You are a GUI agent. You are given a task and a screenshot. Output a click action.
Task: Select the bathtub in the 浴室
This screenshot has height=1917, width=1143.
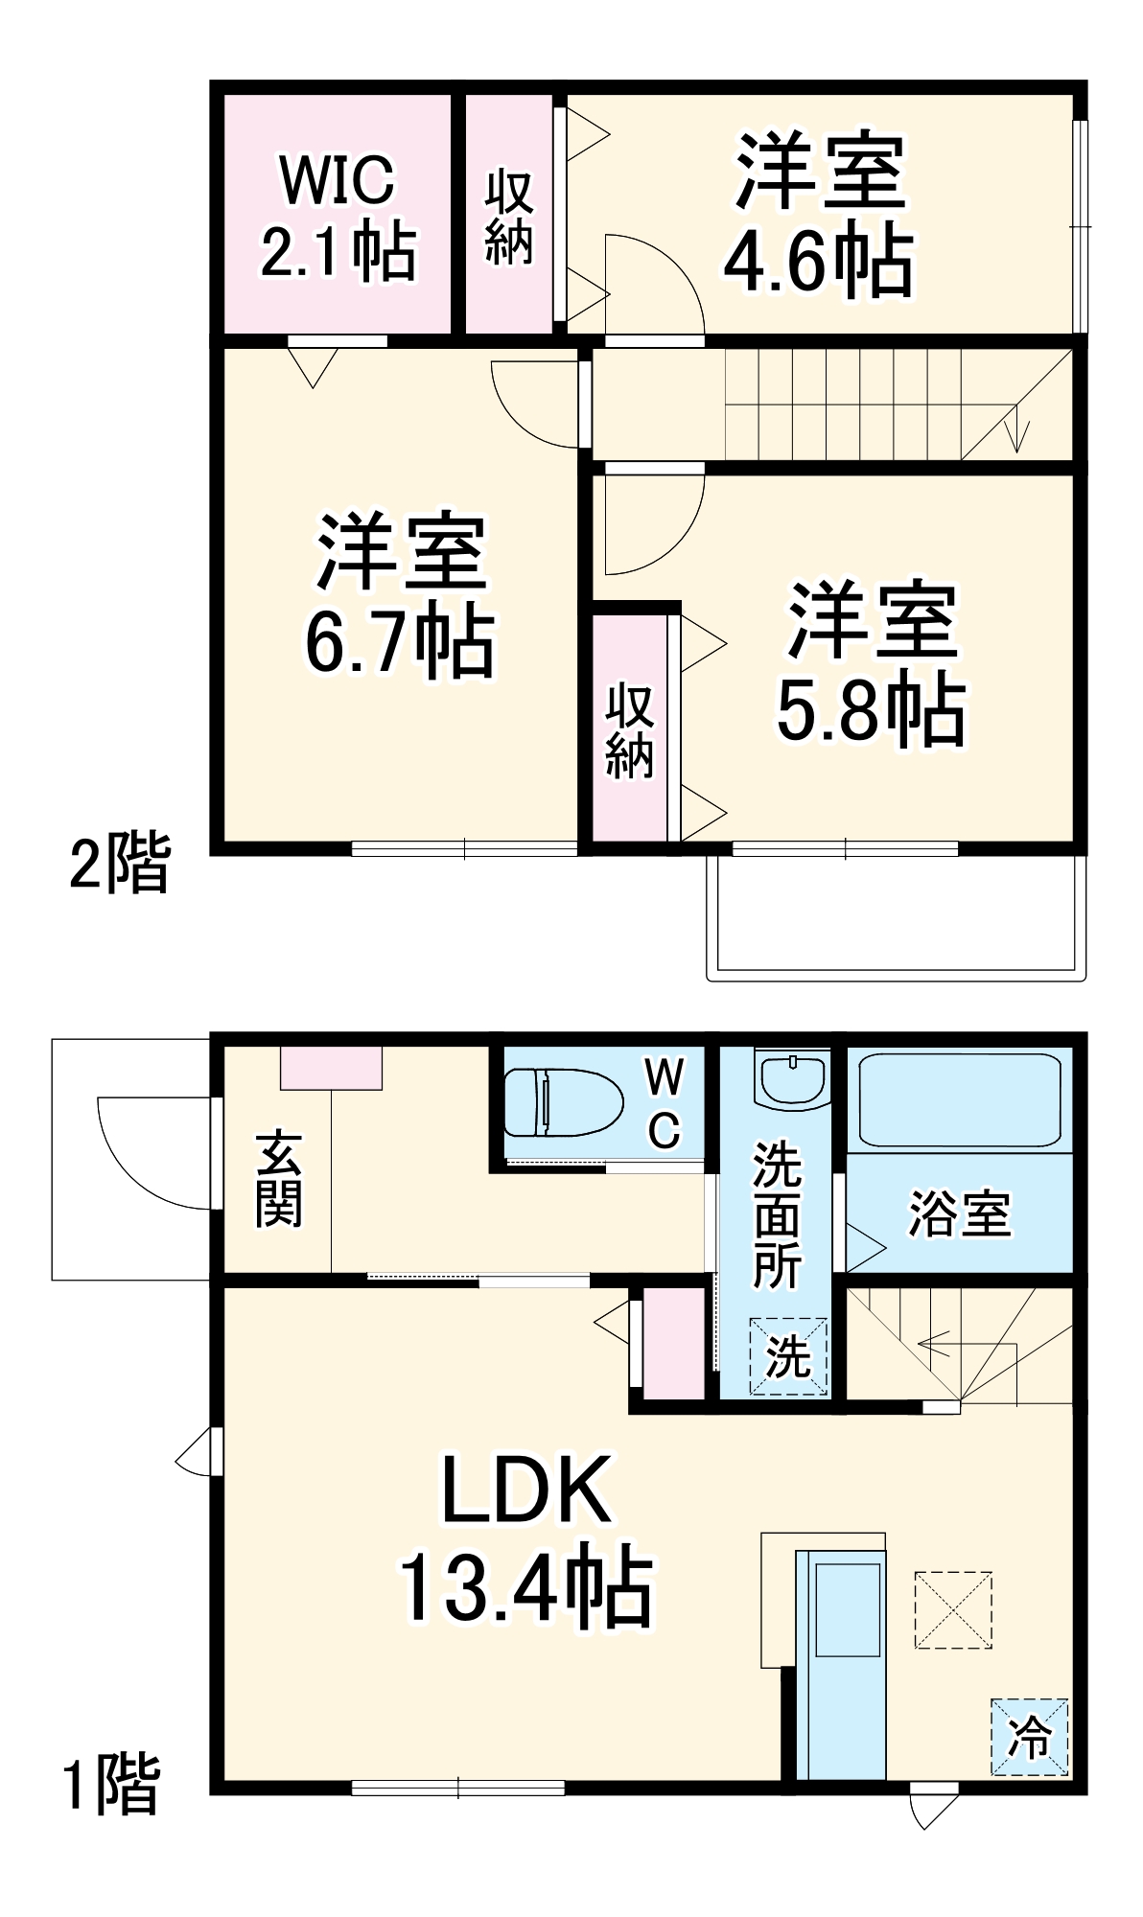tap(960, 1099)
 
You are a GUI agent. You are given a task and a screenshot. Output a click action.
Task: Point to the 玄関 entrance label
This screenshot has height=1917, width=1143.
tap(278, 1180)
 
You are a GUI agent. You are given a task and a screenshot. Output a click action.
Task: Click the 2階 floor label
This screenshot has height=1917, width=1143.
tap(120, 864)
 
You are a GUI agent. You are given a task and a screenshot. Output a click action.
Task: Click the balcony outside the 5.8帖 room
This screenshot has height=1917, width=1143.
tap(896, 915)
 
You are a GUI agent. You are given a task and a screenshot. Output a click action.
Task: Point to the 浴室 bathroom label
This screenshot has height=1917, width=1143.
tap(959, 1213)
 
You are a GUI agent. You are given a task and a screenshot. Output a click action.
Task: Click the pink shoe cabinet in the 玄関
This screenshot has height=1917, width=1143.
tap(331, 1068)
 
